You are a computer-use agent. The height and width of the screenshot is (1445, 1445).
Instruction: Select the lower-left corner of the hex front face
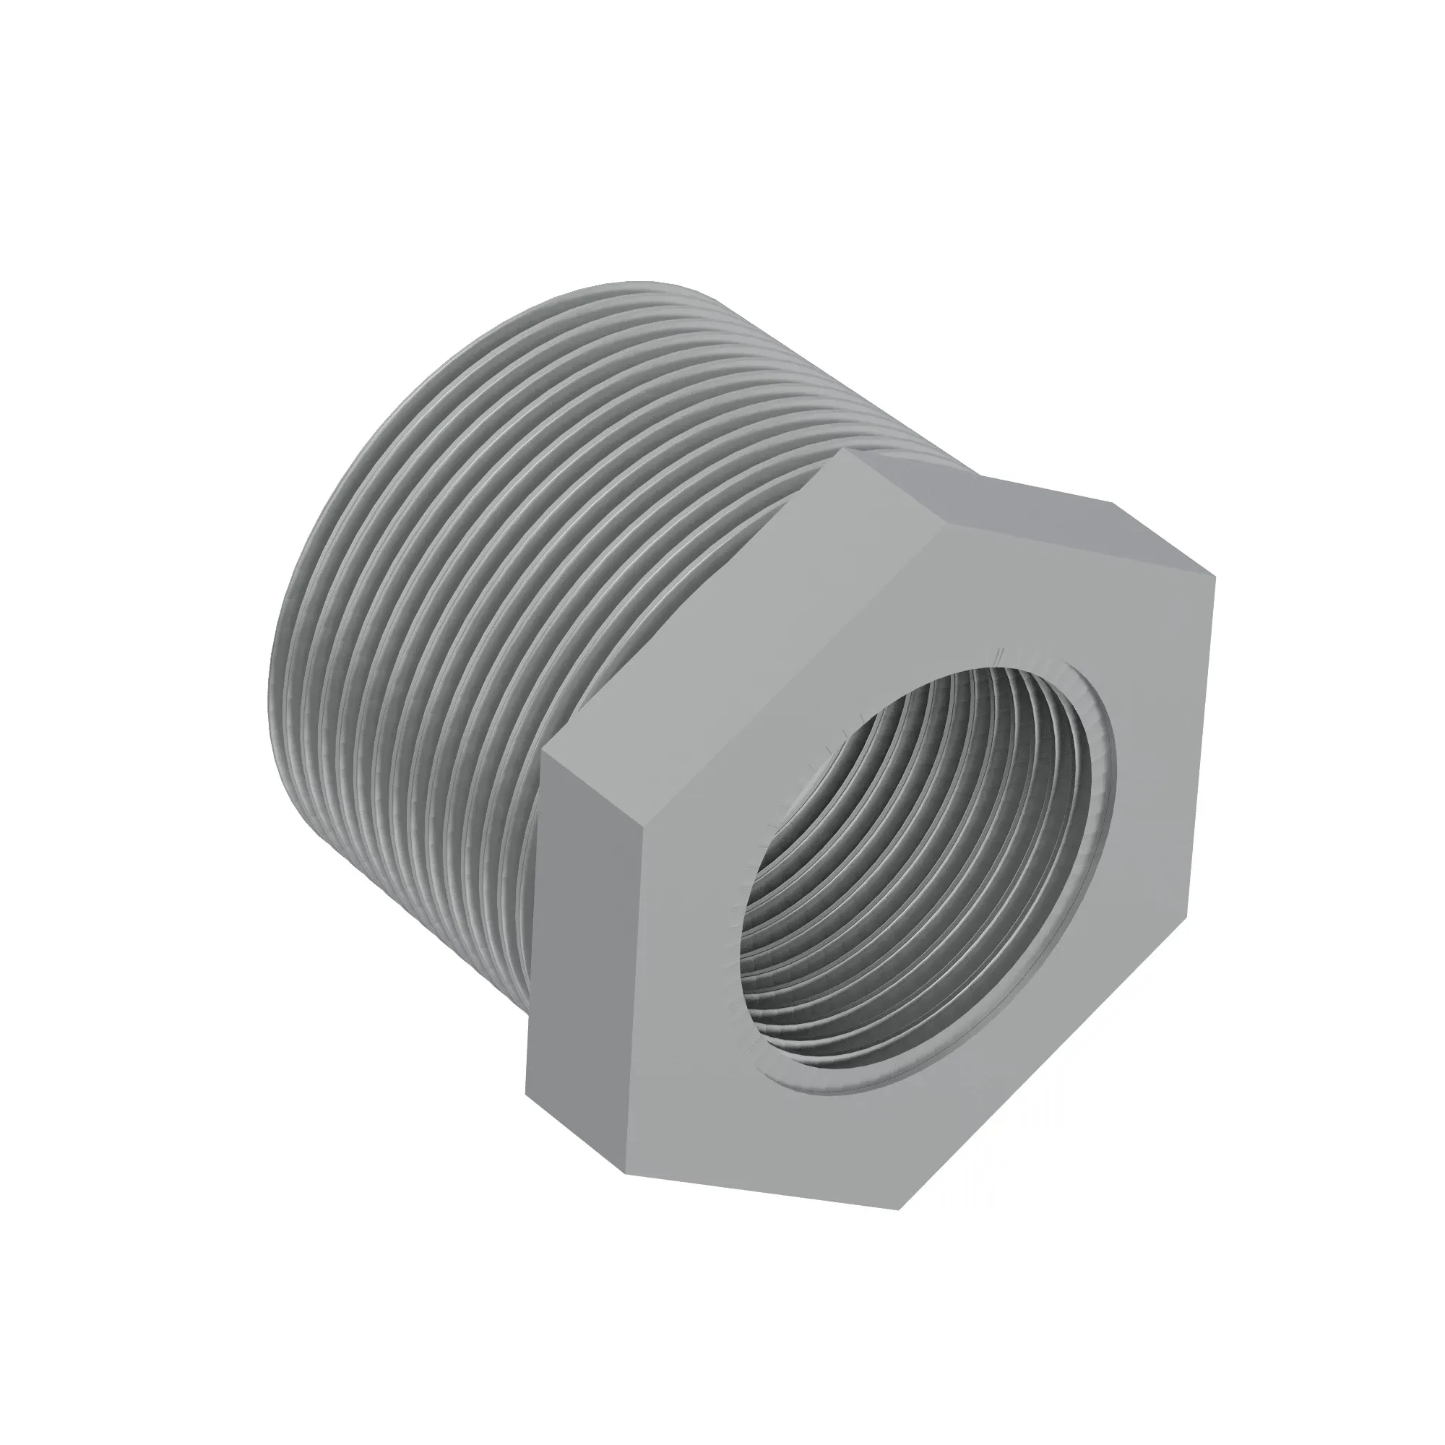(624, 1173)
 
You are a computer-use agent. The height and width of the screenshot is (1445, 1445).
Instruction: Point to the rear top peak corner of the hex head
(845, 450)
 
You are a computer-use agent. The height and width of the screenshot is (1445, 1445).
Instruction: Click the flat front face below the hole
(823, 1144)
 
